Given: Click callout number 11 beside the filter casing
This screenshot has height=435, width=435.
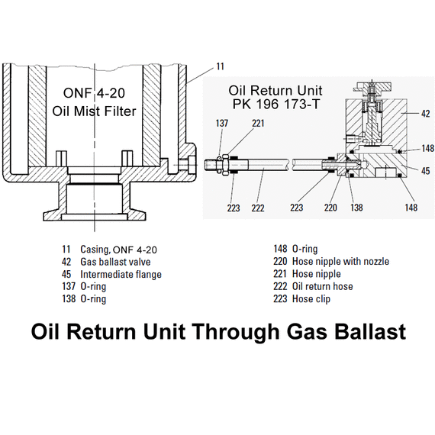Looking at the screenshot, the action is pyautogui.click(x=220, y=66).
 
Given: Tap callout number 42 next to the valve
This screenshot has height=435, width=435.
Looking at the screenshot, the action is pyautogui.click(x=425, y=114).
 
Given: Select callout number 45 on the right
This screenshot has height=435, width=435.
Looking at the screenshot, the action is pyautogui.click(x=425, y=171).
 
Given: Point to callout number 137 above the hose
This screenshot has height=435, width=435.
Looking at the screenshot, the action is pyautogui.click(x=222, y=123).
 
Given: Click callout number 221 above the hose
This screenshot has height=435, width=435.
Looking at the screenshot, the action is pyautogui.click(x=258, y=123).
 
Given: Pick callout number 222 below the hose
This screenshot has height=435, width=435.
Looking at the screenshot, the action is pyautogui.click(x=258, y=208).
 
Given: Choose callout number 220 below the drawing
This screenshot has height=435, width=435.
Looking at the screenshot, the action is pyautogui.click(x=330, y=208).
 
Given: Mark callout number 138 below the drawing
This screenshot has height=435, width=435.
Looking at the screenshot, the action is pyautogui.click(x=356, y=208).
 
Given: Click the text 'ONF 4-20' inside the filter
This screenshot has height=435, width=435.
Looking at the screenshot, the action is pyautogui.click(x=94, y=93).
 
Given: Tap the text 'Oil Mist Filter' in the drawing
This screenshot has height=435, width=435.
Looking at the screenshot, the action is pyautogui.click(x=94, y=111).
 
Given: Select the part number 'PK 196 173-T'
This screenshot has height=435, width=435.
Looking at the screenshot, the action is pyautogui.click(x=276, y=104).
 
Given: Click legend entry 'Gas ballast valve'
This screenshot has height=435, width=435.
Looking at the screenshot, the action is pyautogui.click(x=115, y=262).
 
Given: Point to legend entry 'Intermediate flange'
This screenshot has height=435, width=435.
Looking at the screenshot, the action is pyautogui.click(x=121, y=275).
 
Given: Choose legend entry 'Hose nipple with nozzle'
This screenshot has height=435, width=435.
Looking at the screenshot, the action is pyautogui.click(x=340, y=261).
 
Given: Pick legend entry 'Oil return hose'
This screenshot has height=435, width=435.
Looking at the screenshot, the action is pyautogui.click(x=323, y=286).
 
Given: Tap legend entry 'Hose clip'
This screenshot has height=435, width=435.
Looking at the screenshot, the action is pyautogui.click(x=311, y=299).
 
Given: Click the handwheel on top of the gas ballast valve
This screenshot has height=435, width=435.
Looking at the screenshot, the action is pyautogui.click(x=372, y=88).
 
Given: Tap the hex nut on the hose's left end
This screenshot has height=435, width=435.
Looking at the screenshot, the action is pyautogui.click(x=225, y=165).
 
